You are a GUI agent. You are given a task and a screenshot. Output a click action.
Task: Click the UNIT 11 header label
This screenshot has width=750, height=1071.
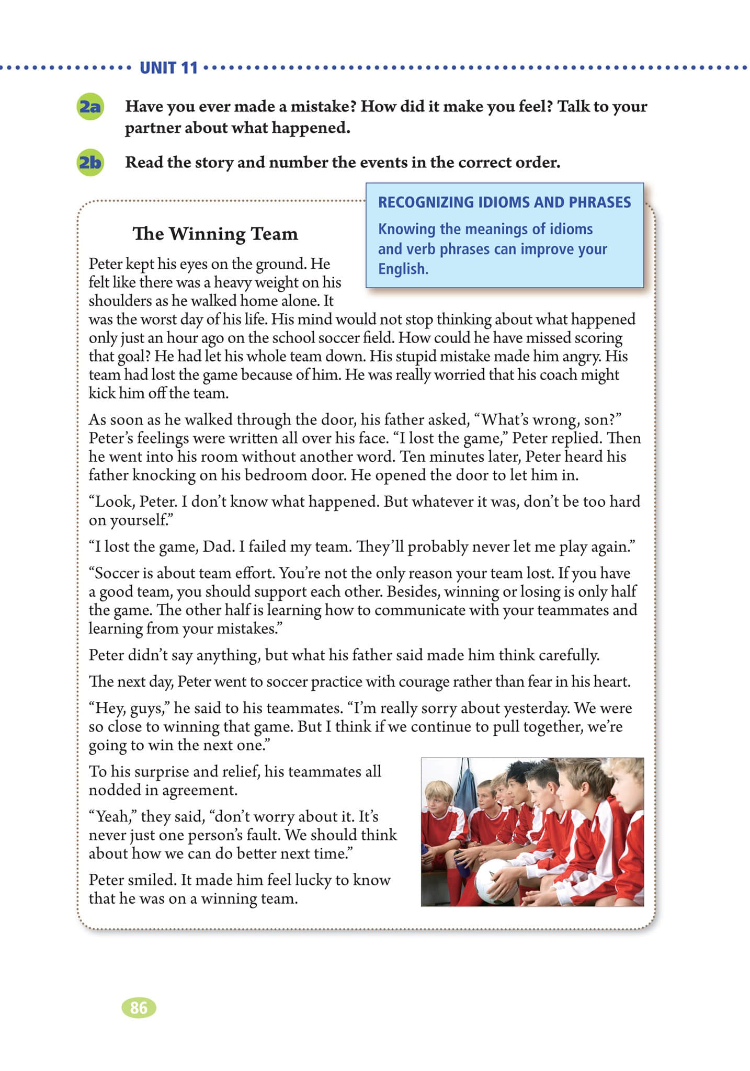click(168, 68)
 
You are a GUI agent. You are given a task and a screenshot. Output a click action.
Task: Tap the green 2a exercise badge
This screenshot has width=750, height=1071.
click(89, 107)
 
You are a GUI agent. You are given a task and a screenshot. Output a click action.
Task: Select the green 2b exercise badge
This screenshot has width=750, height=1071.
click(89, 163)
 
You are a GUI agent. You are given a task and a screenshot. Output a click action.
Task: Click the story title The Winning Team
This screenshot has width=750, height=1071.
click(215, 234)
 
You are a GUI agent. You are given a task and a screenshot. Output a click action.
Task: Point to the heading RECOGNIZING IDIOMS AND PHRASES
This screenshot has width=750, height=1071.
click(504, 202)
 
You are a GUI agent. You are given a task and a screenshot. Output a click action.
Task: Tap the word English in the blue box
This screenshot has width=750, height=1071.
click(403, 269)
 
